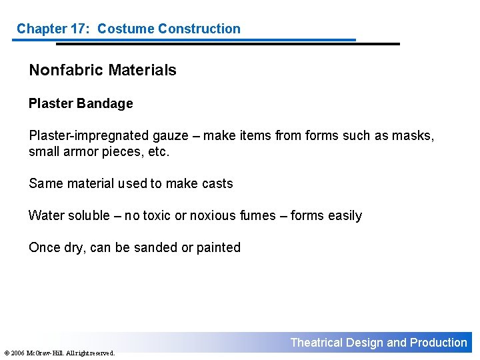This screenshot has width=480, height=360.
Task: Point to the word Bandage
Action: [x=105, y=103]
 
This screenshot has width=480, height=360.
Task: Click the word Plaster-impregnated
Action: [x=89, y=136]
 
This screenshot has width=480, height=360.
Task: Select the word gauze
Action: [x=171, y=136]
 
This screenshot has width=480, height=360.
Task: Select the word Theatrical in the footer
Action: [x=316, y=343]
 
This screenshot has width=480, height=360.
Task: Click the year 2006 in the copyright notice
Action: [x=17, y=353]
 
